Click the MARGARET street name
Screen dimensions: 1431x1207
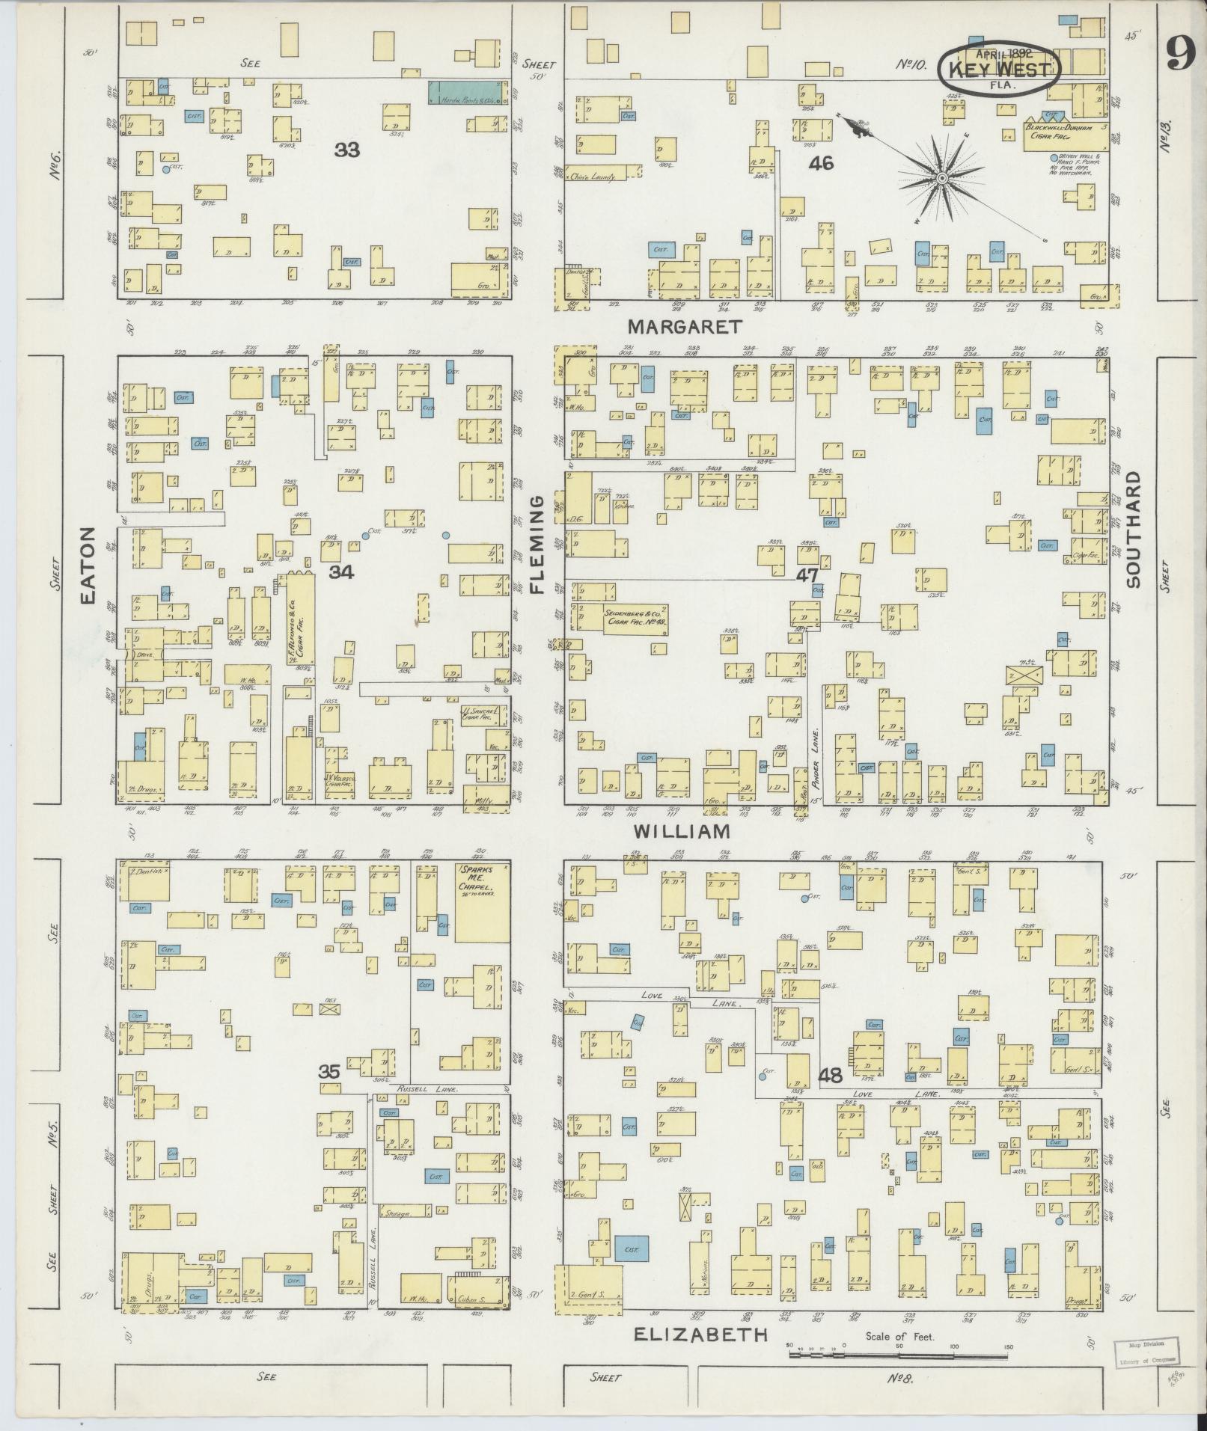coord(685,327)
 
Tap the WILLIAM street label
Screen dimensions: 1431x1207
coord(681,831)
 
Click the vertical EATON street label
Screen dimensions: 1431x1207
coord(89,566)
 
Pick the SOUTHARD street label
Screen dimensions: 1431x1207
coord(1131,529)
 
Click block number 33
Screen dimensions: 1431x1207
coord(346,150)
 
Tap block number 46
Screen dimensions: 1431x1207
coord(820,162)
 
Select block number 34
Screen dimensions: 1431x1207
coord(341,572)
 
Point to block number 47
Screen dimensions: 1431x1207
coord(806,575)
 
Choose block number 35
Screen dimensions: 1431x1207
coord(329,1071)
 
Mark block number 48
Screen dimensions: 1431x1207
coord(830,1076)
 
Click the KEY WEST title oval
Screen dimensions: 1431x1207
coord(1000,69)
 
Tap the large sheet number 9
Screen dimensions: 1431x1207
coord(1180,55)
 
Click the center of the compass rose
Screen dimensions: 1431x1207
coord(941,178)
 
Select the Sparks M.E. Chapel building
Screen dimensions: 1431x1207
coord(483,903)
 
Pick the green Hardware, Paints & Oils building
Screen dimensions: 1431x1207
coord(464,93)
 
